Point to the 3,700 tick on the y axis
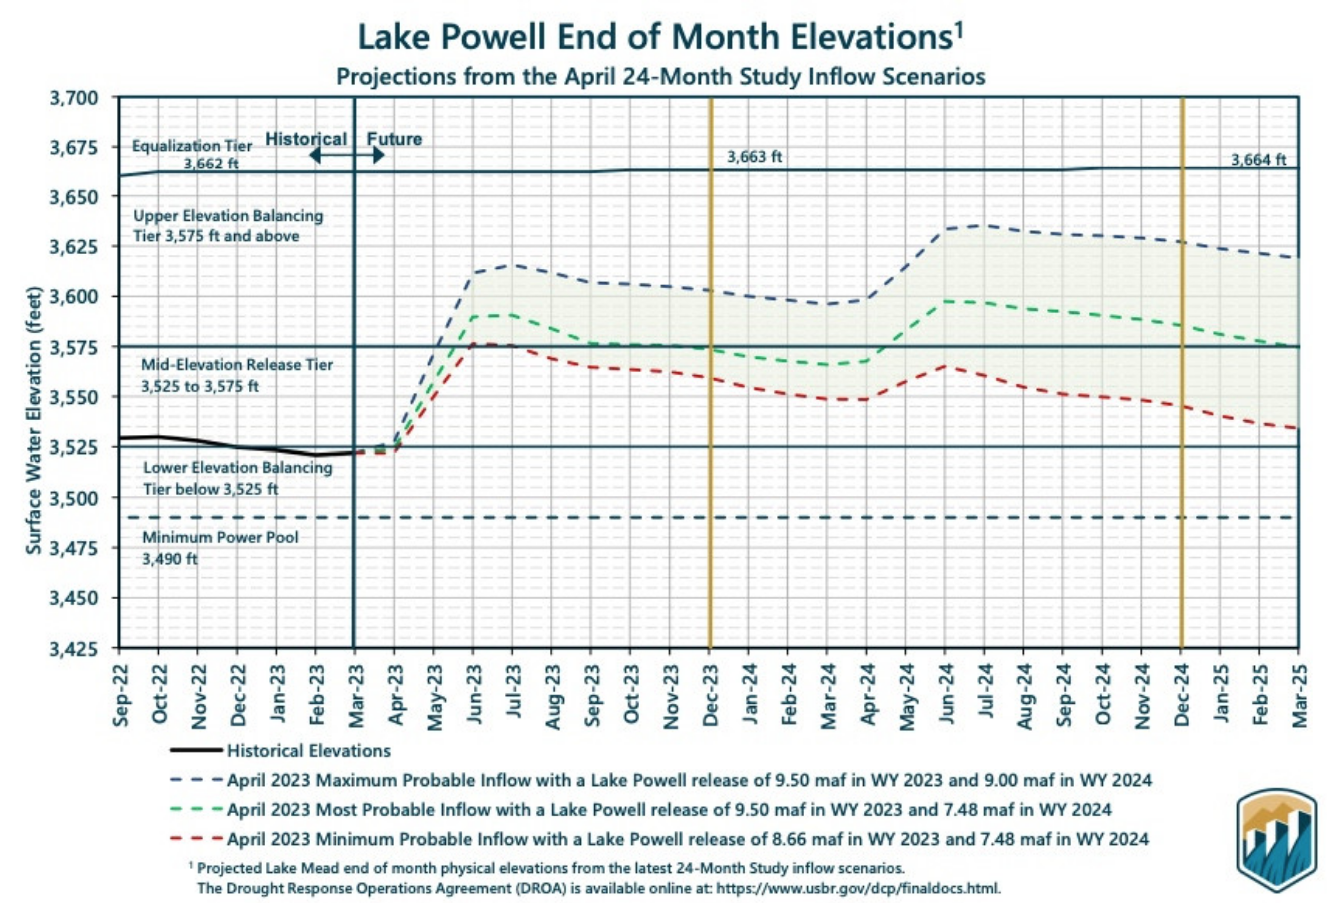[74, 98]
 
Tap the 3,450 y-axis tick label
[74, 599]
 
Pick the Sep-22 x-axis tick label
[121, 695]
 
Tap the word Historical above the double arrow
[306, 139]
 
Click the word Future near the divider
[394, 139]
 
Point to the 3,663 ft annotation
[754, 157]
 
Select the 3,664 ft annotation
[1258, 160]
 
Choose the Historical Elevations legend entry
[308, 750]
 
